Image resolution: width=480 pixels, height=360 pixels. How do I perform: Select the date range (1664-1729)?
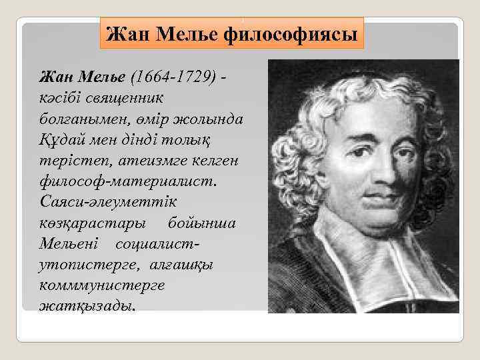[x=174, y=79]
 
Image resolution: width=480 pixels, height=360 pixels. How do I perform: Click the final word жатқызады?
[x=87, y=307]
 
